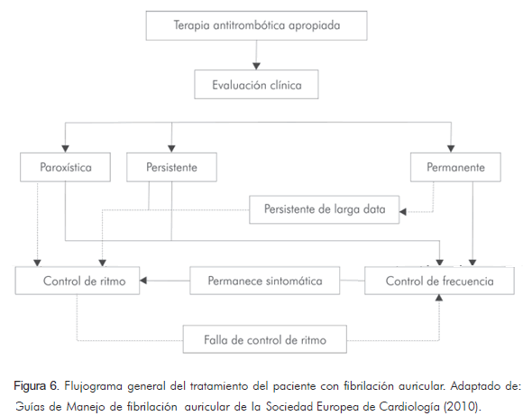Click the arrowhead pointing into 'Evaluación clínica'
click(256, 66)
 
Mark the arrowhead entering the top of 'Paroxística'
click(65, 149)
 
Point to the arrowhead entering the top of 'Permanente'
click(451, 149)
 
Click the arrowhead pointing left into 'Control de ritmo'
click(143, 281)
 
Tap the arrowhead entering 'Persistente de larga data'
click(403, 211)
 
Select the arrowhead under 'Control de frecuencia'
click(439, 298)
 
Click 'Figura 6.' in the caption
click(37, 386)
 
